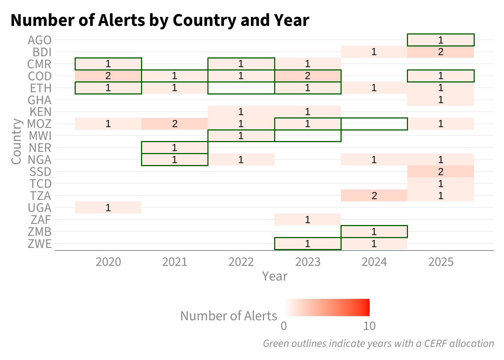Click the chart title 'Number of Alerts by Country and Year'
[160, 21]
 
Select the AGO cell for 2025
[441, 40]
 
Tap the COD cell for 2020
[108, 76]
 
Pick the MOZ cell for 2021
[175, 124]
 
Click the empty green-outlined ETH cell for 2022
[241, 88]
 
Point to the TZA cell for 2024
[374, 195]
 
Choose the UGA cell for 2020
[108, 207]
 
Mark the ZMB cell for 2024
[374, 231]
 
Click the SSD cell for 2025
[441, 172]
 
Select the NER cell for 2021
[175, 148]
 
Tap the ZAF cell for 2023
[307, 219]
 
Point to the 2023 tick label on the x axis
[307, 262]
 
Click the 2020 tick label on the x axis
[108, 262]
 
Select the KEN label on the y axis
[40, 112]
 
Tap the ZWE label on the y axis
[40, 244]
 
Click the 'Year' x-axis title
[275, 276]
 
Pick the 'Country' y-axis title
[16, 141]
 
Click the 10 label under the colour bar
[369, 326]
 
